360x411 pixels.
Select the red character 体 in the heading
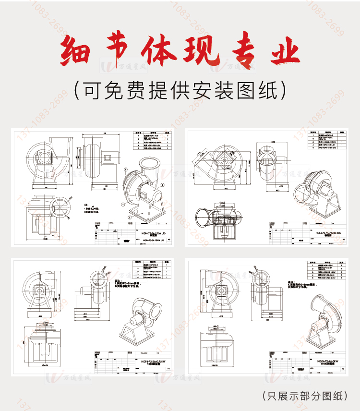click(158, 51)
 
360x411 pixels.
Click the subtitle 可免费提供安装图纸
click(180, 89)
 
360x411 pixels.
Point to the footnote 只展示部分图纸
click(305, 396)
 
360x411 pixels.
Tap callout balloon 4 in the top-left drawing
click(122, 204)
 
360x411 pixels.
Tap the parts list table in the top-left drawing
click(152, 141)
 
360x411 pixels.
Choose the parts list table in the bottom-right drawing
click(325, 270)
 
